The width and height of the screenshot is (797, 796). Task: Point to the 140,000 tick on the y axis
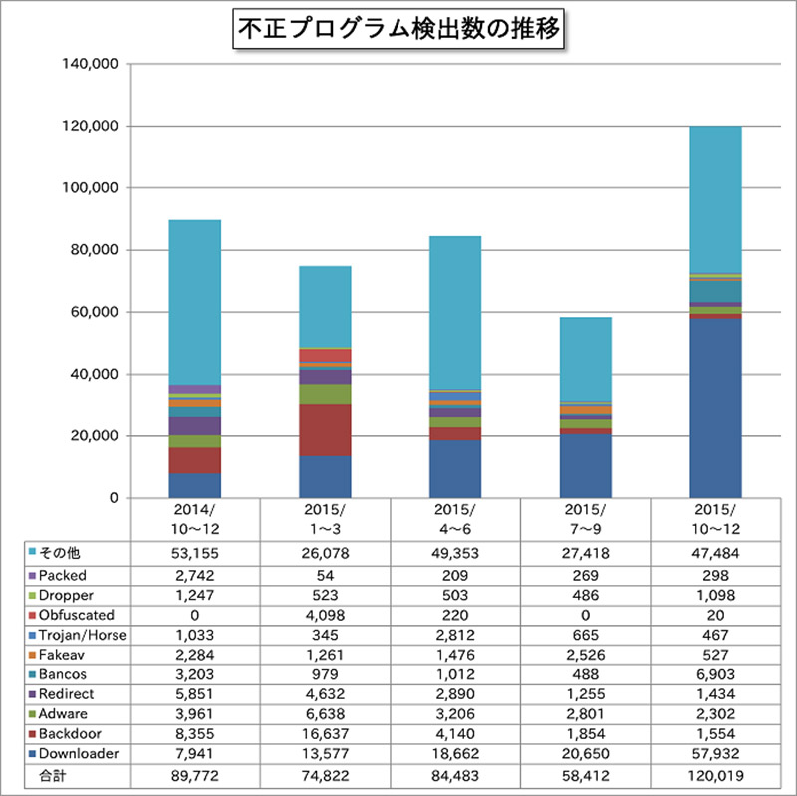[x=92, y=64]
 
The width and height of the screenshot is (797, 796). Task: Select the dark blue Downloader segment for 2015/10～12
[x=715, y=408]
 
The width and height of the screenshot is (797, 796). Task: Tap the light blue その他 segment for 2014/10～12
[x=195, y=302]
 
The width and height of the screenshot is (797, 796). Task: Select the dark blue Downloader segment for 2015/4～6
[x=455, y=469]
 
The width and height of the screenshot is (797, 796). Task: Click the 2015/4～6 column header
[x=455, y=519]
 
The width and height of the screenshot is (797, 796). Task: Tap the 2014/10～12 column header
[x=195, y=519]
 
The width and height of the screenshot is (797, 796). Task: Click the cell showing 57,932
[x=715, y=754]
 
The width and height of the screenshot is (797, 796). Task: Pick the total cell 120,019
[x=715, y=774]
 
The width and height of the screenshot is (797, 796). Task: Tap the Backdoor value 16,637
[x=325, y=734]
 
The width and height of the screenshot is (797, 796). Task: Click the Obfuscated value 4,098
[x=325, y=615]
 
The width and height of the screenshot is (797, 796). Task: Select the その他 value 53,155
[x=195, y=555]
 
